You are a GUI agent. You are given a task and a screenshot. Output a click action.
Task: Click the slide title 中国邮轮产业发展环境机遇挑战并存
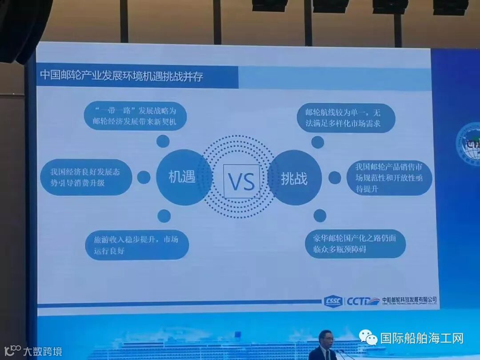[x=122, y=75]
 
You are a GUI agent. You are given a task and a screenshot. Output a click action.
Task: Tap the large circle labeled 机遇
[x=182, y=177]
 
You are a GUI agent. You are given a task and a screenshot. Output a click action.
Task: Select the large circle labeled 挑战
[x=294, y=179]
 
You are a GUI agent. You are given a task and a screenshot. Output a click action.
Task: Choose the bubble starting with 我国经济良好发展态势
[x=86, y=176]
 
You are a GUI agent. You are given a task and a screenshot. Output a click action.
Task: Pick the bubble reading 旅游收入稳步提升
[x=136, y=245]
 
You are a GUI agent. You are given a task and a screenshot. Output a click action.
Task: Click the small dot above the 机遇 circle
[x=163, y=141]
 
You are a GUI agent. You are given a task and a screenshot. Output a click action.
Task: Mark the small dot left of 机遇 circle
[x=143, y=177]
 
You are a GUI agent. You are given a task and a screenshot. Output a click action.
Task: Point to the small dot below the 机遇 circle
[x=164, y=216]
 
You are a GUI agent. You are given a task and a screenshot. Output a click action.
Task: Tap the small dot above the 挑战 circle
[x=317, y=142]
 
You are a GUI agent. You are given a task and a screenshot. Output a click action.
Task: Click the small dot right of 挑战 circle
[x=334, y=178]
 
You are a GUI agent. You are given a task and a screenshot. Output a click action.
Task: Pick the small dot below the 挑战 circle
[x=320, y=215]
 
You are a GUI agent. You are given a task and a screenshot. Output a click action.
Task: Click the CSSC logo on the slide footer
[x=332, y=300]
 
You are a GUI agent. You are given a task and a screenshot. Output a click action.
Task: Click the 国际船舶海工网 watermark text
[x=422, y=338]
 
